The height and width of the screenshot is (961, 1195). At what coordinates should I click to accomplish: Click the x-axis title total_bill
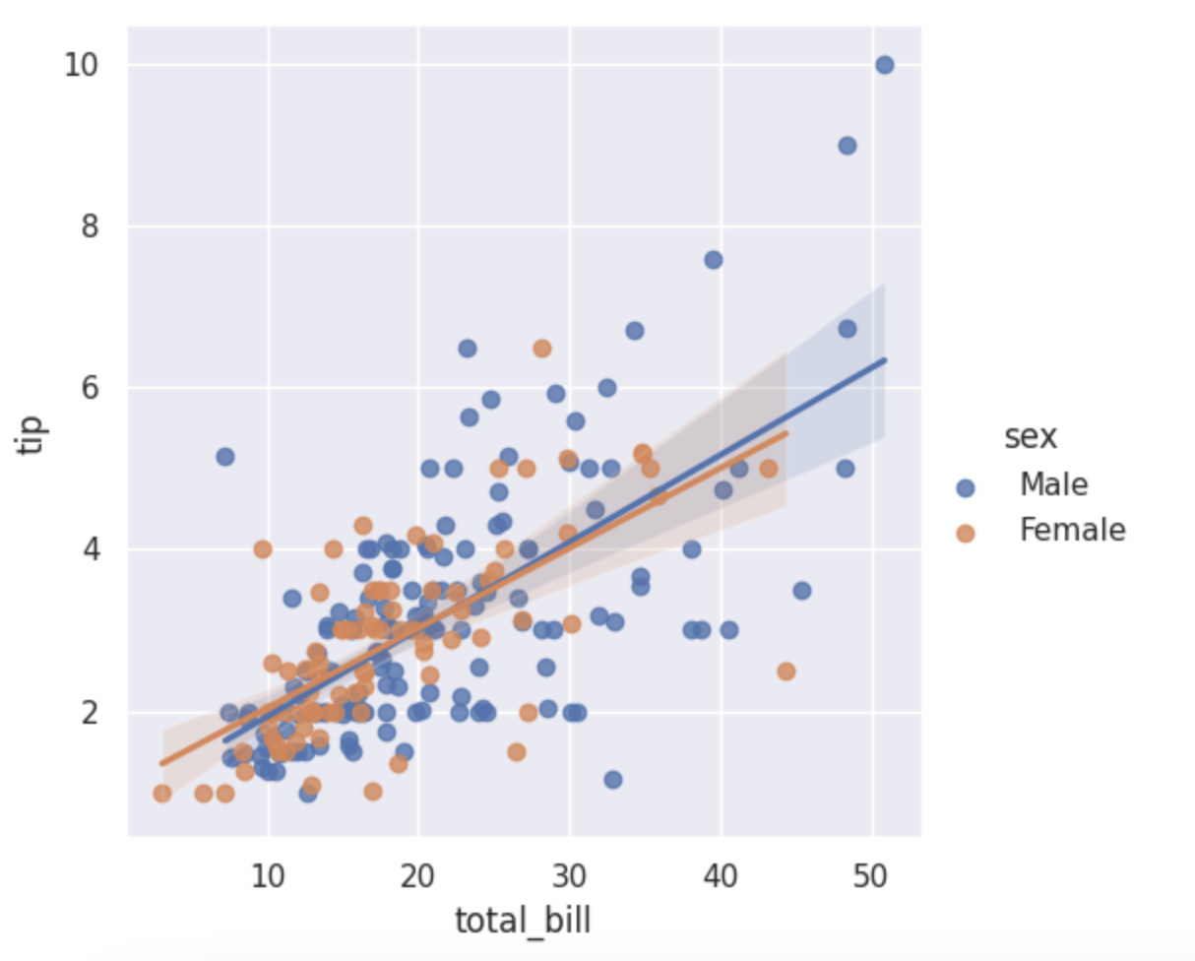[522, 921]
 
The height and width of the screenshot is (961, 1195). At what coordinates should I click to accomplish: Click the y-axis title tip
[32, 436]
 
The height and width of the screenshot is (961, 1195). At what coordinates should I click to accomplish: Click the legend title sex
[1030, 438]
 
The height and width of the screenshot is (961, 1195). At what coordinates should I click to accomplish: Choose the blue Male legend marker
[965, 487]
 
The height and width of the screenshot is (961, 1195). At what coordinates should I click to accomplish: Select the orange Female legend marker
[965, 533]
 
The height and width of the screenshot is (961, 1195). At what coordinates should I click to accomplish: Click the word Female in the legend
[1072, 531]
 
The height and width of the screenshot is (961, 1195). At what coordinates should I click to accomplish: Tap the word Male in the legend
[1053, 484]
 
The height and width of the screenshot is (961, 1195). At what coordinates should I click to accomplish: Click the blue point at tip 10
[884, 65]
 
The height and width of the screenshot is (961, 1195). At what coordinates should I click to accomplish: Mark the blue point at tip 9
[847, 146]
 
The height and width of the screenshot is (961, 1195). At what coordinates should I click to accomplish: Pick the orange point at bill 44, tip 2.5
[786, 672]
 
